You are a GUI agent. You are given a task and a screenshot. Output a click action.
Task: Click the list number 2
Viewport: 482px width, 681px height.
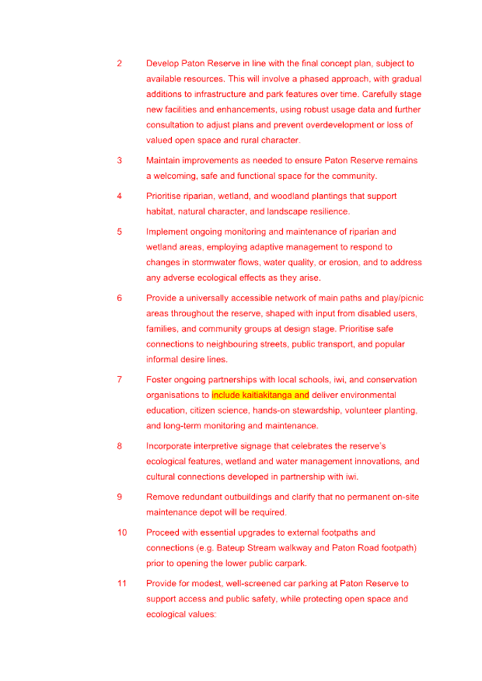pos(119,64)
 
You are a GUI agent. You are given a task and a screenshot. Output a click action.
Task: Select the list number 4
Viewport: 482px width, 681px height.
pos(119,196)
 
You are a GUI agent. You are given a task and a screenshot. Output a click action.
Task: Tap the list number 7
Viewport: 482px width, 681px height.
pos(119,380)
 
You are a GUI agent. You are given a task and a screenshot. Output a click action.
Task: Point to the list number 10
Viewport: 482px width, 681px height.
pos(122,532)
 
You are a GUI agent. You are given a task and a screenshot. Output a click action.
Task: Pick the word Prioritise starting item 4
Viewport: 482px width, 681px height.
pos(164,196)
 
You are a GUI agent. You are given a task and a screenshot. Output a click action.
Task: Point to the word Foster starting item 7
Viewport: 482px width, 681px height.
pos(159,380)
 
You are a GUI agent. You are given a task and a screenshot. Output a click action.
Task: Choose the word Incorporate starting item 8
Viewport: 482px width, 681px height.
pos(170,446)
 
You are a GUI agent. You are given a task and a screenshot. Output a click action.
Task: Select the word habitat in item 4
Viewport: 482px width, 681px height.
pos(160,211)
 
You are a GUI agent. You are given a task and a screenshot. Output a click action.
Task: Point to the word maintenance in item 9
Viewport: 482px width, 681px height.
pos(172,513)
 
